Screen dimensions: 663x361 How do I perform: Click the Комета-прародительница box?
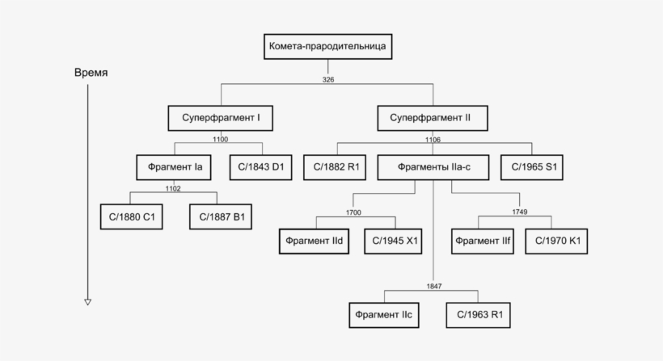pyautogui.click(x=327, y=47)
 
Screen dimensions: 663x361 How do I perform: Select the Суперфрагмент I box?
pyautogui.click(x=220, y=118)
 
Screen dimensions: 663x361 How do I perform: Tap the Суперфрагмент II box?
pyautogui.click(x=433, y=118)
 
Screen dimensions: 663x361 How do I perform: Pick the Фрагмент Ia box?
pyautogui.click(x=174, y=168)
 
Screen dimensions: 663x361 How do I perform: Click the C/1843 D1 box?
pyautogui.click(x=261, y=168)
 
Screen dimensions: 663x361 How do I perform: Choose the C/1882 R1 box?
pyautogui.click(x=335, y=168)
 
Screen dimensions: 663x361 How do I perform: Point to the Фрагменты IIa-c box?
pyautogui.click(x=433, y=168)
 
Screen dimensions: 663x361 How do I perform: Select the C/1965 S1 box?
pyautogui.click(x=532, y=168)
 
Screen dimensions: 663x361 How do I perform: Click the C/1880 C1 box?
pyautogui.click(x=132, y=217)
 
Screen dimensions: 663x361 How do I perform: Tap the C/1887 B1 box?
pyautogui.click(x=221, y=217)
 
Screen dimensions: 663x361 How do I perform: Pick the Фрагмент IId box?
pyautogui.click(x=315, y=241)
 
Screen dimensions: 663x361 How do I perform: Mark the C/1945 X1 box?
pyautogui.click(x=393, y=241)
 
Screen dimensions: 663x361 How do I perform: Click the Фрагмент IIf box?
pyautogui.click(x=483, y=241)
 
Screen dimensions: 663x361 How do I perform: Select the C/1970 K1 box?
pyautogui.click(x=556, y=241)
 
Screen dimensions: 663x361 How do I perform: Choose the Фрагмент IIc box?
pyautogui.click(x=384, y=316)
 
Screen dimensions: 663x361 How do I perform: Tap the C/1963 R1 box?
pyautogui.click(x=478, y=316)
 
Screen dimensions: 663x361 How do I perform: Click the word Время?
pyautogui.click(x=91, y=73)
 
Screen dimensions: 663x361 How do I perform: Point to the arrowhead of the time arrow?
pyautogui.click(x=88, y=302)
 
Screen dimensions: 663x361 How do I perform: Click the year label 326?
pyautogui.click(x=328, y=79)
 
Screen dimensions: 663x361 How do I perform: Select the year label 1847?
pyautogui.click(x=434, y=286)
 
